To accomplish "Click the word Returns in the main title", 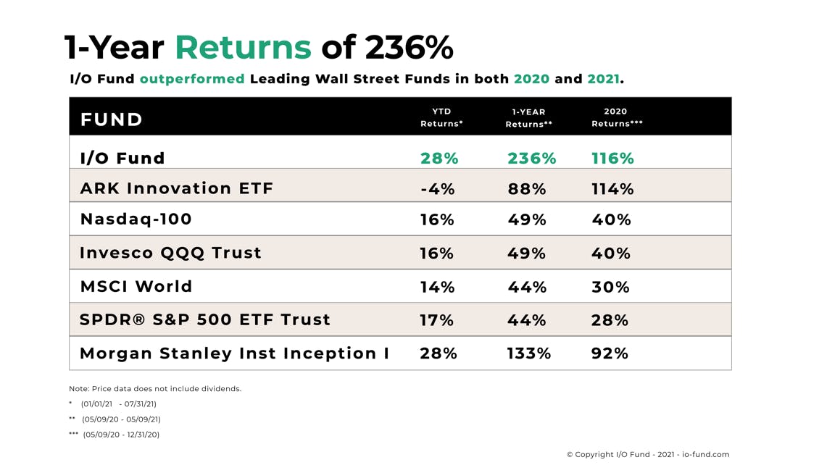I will [x=243, y=48].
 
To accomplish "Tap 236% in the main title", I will [x=409, y=48].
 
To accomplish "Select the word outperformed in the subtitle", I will [x=192, y=79].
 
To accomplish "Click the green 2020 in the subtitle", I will [x=531, y=79].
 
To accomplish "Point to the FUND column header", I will [x=112, y=120].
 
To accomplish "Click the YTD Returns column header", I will [x=441, y=117].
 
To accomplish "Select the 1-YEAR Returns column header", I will [x=528, y=118].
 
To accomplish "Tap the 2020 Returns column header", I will [x=616, y=117].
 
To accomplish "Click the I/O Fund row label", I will [x=122, y=158].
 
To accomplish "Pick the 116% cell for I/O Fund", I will [x=612, y=159].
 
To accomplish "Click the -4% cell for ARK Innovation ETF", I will [x=438, y=189].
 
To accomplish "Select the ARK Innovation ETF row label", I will [x=177, y=189].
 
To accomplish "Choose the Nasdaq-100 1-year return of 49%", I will [x=527, y=219].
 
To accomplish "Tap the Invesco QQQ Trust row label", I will [x=170, y=253].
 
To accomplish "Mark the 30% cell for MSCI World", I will [x=610, y=287].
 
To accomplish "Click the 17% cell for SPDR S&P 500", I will [x=436, y=320].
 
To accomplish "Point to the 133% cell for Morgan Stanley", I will [x=528, y=353].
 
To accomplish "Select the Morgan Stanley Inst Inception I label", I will [x=234, y=353].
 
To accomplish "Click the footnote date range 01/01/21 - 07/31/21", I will [x=118, y=404].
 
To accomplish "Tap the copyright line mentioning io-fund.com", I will [x=647, y=455].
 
